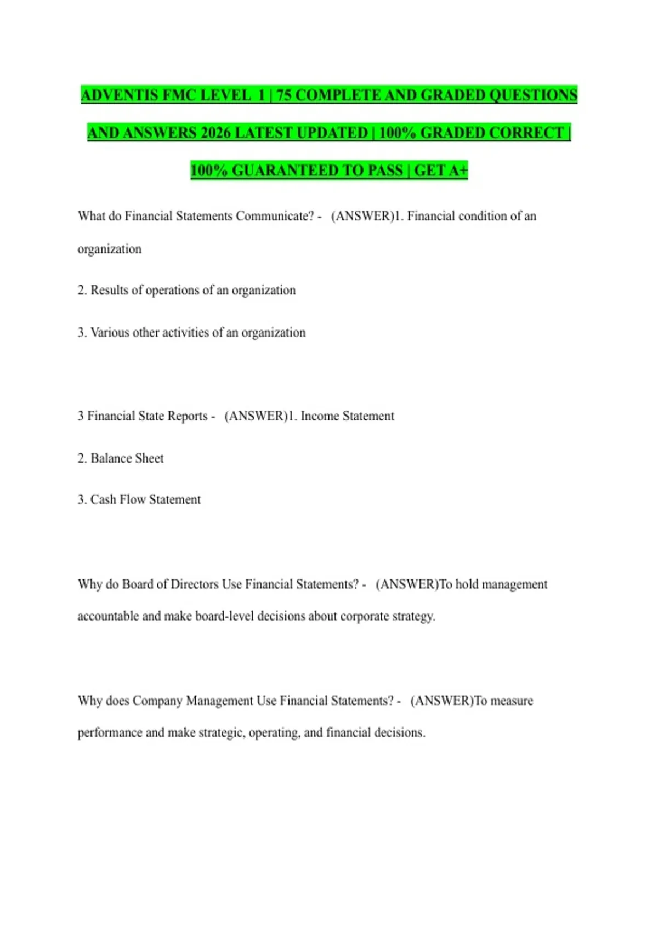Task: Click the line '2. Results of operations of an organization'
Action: tap(186, 290)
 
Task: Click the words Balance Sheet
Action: tap(127, 458)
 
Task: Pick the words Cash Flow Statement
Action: tap(145, 499)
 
